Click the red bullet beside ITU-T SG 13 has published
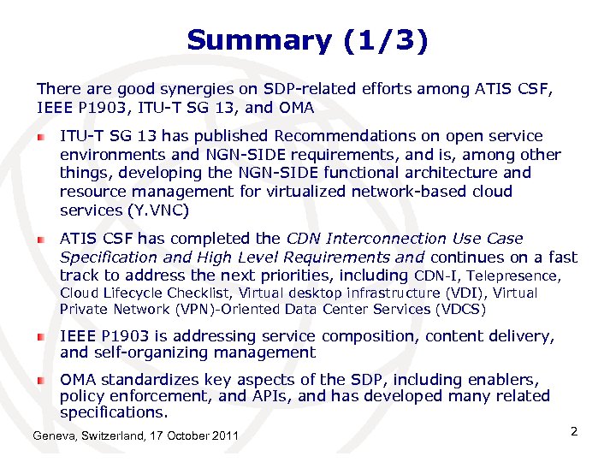coord(40,136)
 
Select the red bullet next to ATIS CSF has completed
coord(40,239)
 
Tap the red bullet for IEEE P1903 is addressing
coord(40,337)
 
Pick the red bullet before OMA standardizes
coord(40,379)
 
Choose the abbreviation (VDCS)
coord(460,309)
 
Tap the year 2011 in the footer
coord(225,437)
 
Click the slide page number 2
coord(574,431)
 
